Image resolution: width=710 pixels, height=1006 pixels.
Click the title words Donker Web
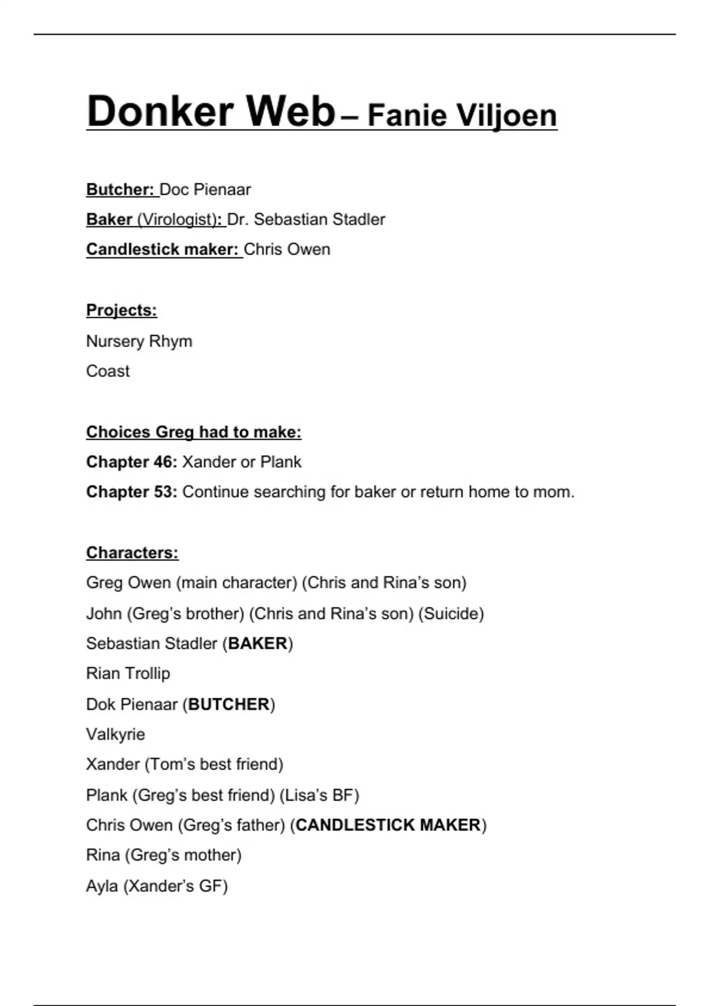click(211, 111)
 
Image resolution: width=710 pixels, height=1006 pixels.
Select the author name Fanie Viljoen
click(462, 115)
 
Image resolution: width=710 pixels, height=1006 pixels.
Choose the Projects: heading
click(121, 310)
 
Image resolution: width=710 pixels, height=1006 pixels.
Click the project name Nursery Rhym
click(139, 341)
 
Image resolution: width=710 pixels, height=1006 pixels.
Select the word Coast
click(108, 371)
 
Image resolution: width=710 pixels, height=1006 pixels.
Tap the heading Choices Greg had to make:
click(193, 432)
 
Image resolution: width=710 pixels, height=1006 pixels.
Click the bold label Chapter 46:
click(131, 462)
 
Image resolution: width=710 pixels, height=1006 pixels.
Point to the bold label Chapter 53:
click(131, 492)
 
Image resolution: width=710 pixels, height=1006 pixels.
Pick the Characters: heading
click(132, 553)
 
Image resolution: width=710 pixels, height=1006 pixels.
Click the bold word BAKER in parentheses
click(257, 643)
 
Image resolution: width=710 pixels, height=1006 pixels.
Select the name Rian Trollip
click(128, 673)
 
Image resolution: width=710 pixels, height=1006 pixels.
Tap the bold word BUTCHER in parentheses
click(228, 704)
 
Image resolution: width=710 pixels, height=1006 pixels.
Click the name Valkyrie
click(115, 734)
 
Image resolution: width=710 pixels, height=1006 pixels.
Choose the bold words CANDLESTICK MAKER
click(388, 825)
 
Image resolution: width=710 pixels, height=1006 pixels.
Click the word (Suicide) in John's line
click(451, 614)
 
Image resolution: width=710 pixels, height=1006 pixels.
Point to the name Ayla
click(102, 886)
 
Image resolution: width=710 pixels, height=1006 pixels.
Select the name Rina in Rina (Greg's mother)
click(103, 855)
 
